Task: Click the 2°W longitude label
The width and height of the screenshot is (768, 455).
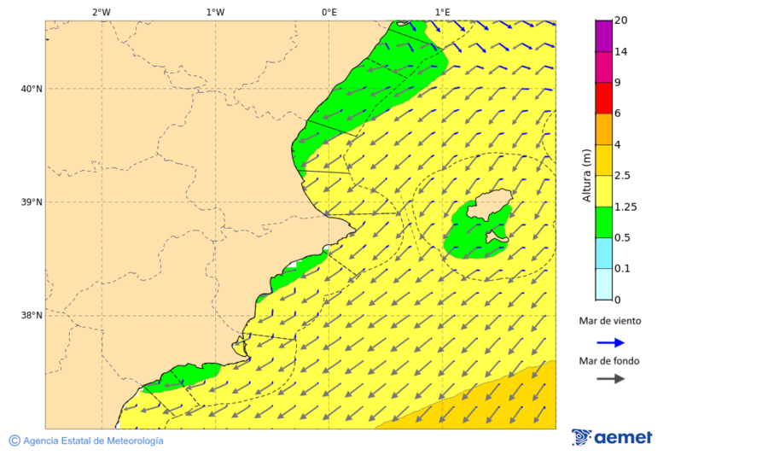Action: [101, 12]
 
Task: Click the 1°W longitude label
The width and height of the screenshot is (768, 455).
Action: [215, 12]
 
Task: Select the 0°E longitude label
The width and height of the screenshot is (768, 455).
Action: [329, 12]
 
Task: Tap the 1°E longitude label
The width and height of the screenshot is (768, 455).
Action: [442, 12]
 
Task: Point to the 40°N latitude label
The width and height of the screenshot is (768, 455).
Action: [32, 89]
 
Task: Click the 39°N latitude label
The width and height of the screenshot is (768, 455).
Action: [32, 202]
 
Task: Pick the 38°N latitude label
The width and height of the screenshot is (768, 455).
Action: [32, 315]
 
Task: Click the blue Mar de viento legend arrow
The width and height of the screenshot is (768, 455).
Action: [610, 342]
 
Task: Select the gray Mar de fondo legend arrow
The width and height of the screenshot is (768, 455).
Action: [610, 379]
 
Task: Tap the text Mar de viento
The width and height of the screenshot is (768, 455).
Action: [609, 321]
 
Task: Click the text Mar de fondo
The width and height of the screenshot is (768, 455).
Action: [608, 361]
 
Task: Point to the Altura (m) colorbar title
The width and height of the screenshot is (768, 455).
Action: [586, 176]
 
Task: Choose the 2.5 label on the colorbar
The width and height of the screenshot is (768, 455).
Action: [624, 176]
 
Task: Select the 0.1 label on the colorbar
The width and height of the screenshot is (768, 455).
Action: [624, 268]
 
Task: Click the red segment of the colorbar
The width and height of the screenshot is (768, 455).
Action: [603, 98]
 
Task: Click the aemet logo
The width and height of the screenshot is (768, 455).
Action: [612, 437]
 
